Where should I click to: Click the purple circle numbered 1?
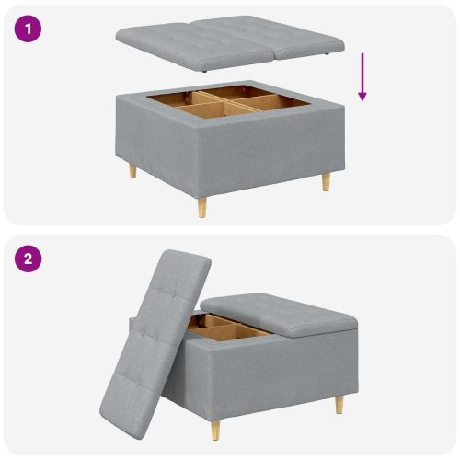(x=29, y=29)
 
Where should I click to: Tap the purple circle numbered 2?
(x=29, y=259)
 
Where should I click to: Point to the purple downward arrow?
(x=362, y=77)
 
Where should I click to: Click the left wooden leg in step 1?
(x=132, y=171)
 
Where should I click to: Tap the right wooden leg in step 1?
(x=325, y=181)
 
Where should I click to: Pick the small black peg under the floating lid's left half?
(x=210, y=67)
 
